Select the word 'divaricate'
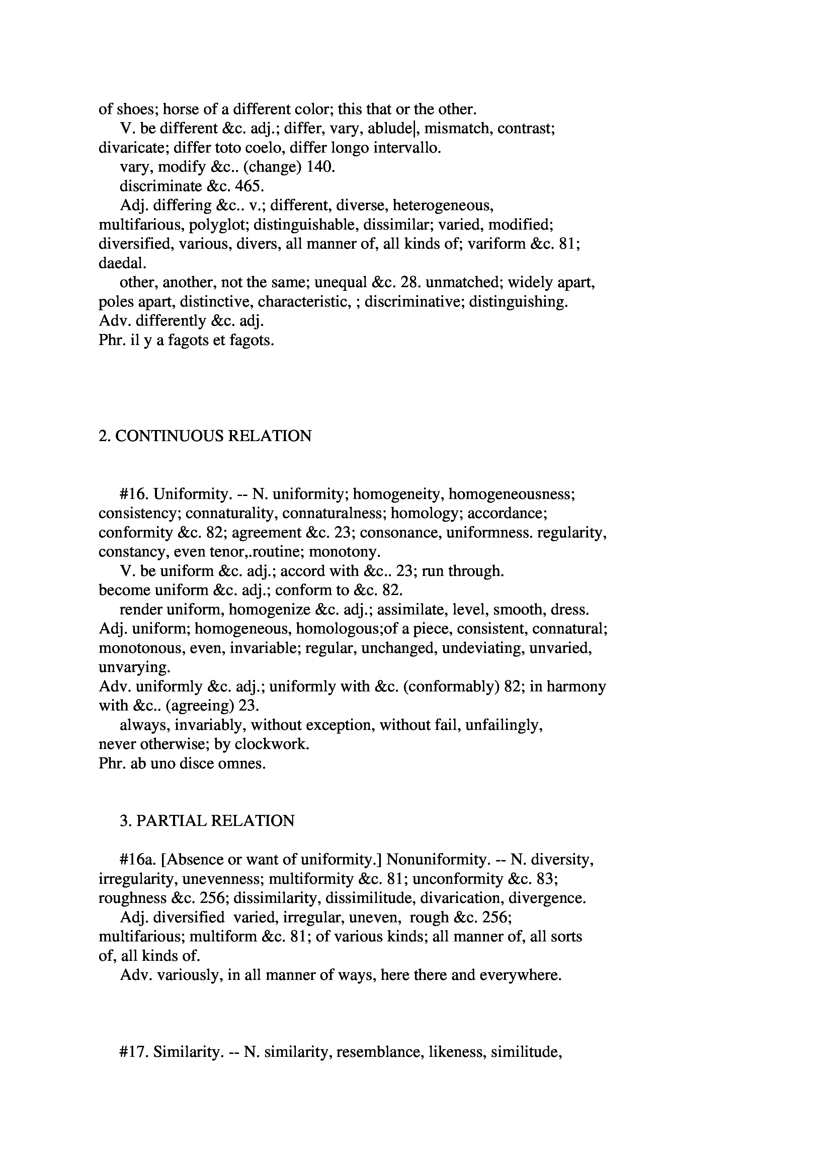(x=133, y=148)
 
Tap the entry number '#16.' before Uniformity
(x=134, y=494)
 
